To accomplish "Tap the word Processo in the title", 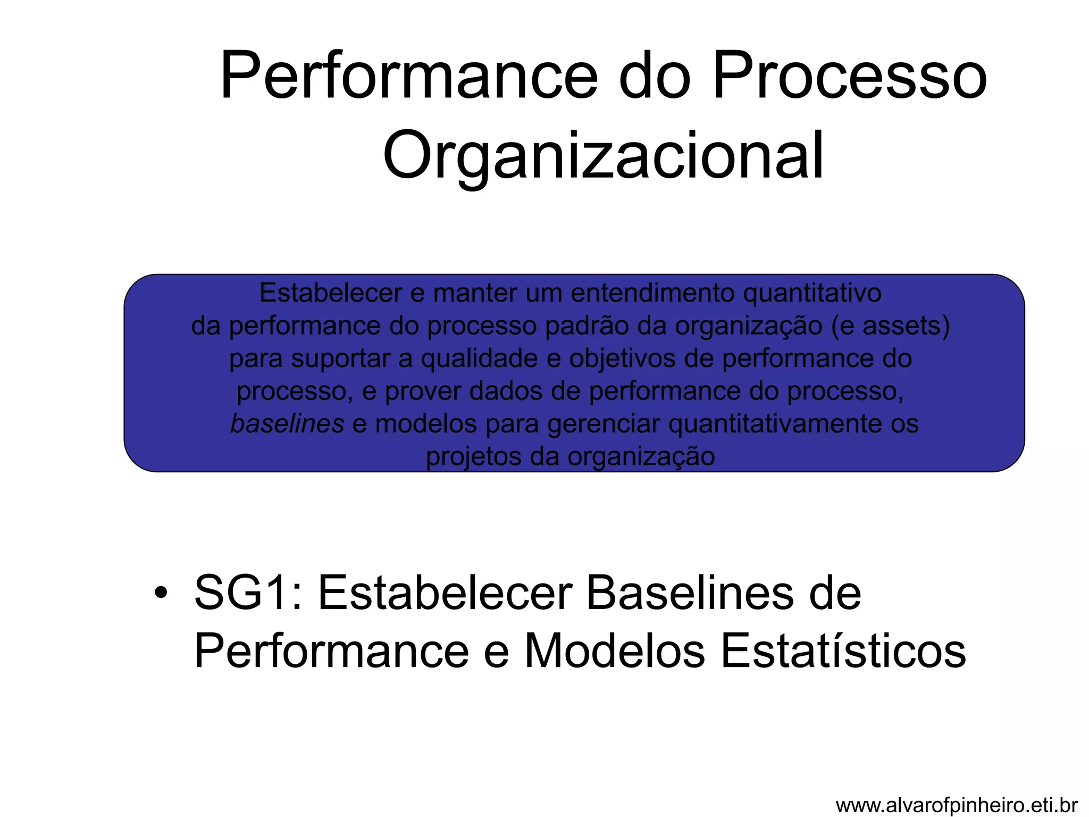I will point(849,76).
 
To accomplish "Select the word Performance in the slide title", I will point(409,76).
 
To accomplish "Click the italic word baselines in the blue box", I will point(287,424).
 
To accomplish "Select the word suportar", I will point(340,359).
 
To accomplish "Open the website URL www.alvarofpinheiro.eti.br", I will point(957,805).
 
